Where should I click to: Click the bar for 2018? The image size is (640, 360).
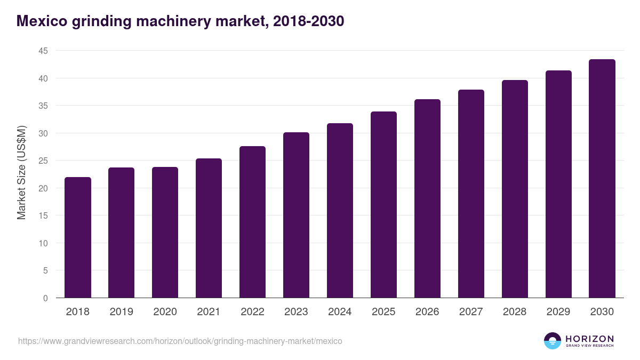(x=78, y=237)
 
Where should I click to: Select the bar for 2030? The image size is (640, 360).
(x=602, y=179)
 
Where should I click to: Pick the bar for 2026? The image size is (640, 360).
(x=427, y=198)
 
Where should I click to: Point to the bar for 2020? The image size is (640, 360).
(x=165, y=233)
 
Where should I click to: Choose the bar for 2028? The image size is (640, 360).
(x=515, y=189)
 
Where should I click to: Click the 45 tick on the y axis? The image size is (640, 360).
(x=43, y=51)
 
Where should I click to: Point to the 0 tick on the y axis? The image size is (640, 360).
(x=45, y=298)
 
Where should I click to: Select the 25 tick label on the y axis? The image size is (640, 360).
(x=43, y=161)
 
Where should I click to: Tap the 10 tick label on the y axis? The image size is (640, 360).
(x=43, y=243)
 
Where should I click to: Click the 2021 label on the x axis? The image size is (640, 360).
(x=209, y=312)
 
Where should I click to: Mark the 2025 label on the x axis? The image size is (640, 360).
(x=383, y=312)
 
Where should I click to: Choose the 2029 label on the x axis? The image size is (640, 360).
(x=558, y=312)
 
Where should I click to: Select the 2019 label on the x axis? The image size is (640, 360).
(x=121, y=312)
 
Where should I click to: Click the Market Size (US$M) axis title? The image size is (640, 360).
(x=21, y=172)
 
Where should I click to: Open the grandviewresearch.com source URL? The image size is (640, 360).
(x=180, y=341)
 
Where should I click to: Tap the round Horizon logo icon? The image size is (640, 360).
(x=553, y=341)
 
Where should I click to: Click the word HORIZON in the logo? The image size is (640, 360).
(x=589, y=338)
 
